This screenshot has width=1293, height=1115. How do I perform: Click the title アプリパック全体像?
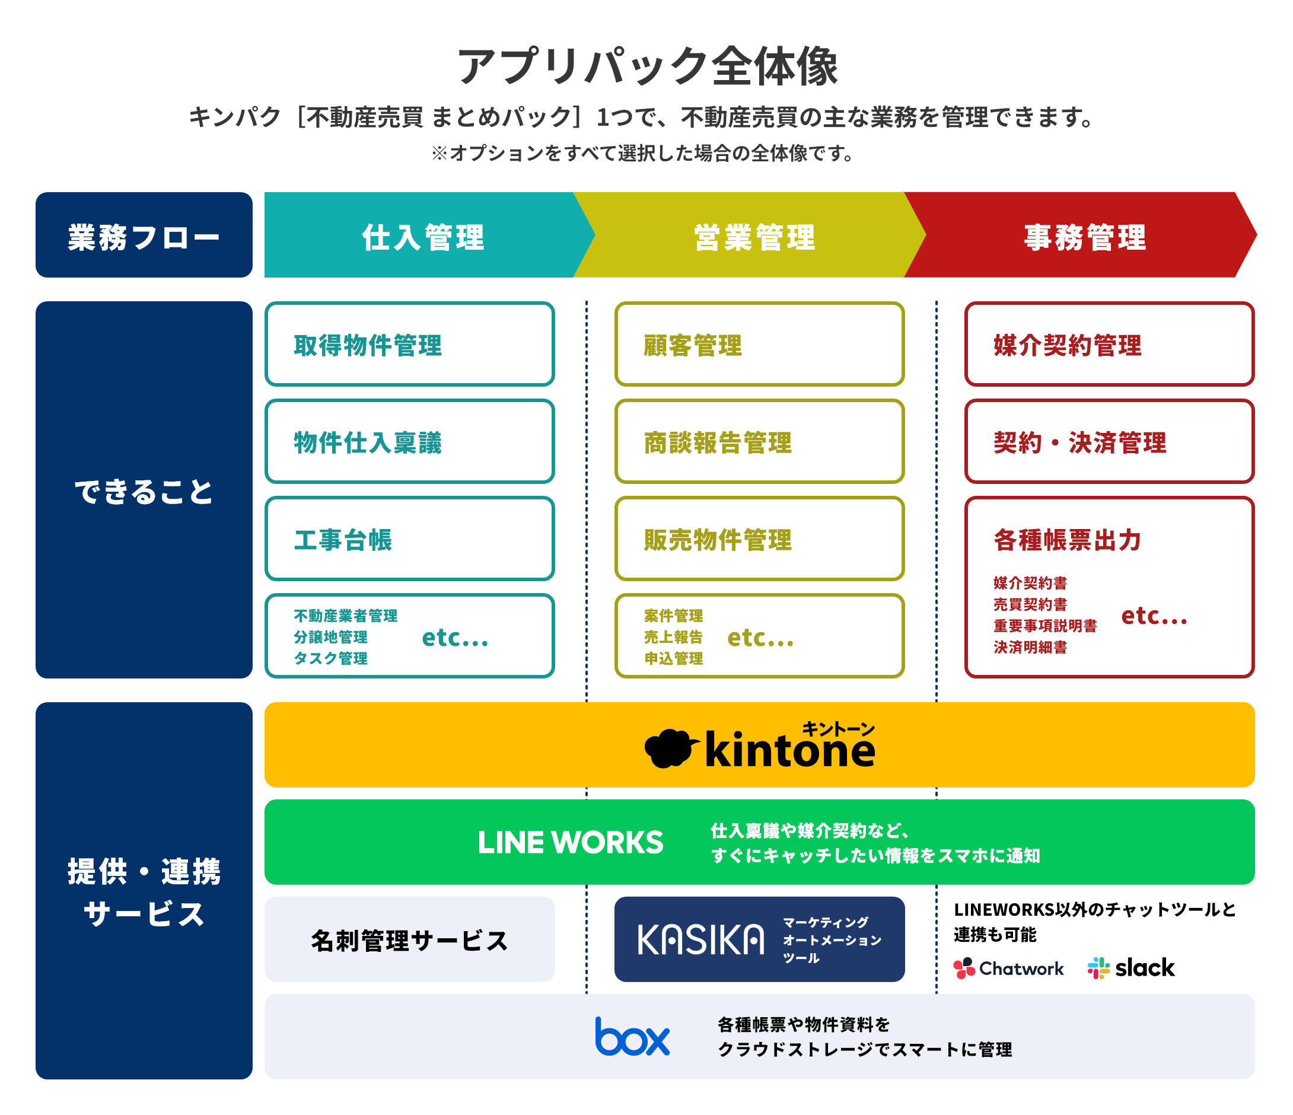pos(647,65)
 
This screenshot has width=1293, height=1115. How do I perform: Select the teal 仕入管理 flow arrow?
pos(423,236)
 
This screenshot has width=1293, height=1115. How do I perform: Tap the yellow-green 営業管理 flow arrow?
pos(754,236)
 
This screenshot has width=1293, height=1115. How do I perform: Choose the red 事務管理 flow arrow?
pos(1085,236)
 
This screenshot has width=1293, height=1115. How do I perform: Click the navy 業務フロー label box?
pos(144,235)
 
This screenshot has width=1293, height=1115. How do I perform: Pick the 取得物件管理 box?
pos(409,345)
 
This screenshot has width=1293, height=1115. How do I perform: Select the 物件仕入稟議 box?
pos(409,442)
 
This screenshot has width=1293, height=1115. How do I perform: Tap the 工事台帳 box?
pos(409,539)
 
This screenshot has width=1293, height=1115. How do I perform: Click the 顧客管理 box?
pos(759,345)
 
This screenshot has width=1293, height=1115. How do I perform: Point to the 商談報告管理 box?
pos(759,442)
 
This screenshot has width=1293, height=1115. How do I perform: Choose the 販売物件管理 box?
pos(759,539)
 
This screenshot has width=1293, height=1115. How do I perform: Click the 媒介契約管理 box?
pos(1109,345)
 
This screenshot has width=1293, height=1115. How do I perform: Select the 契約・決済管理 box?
pos(1109,442)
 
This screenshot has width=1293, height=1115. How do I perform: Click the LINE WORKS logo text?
pos(571,842)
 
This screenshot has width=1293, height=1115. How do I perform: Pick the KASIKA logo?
pos(700,939)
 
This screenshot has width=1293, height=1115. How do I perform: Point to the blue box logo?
pos(632,1037)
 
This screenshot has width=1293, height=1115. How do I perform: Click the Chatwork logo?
pos(1008,969)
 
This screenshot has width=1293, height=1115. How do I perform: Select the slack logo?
pos(1130,968)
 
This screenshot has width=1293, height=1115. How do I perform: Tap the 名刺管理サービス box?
pos(409,939)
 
